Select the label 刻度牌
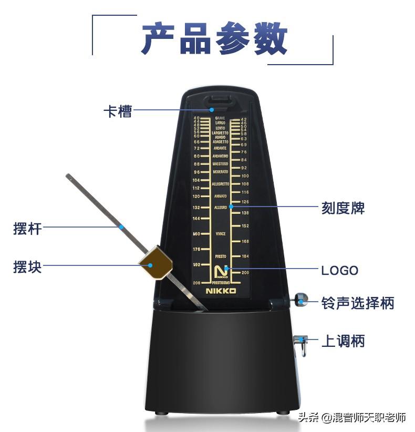pyautogui.click(x=343, y=208)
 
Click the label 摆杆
pyautogui.click(x=27, y=229)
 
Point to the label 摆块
pyautogui.click(x=27, y=266)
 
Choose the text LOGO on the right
pyautogui.click(x=339, y=271)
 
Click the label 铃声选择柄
pyautogui.click(x=357, y=303)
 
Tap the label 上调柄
pyautogui.click(x=343, y=341)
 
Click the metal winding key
pyautogui.click(x=300, y=344)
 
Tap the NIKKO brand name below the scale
pyautogui.click(x=221, y=291)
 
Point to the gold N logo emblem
pyautogui.click(x=221, y=272)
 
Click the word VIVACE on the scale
pyautogui.click(x=221, y=234)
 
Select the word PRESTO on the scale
pyautogui.click(x=221, y=256)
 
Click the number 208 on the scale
pyautogui.click(x=197, y=283)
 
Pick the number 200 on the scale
pyautogui.click(x=245, y=273)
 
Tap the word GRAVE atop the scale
pyautogui.click(x=220, y=118)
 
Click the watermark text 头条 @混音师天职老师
pyautogui.click(x=352, y=418)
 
